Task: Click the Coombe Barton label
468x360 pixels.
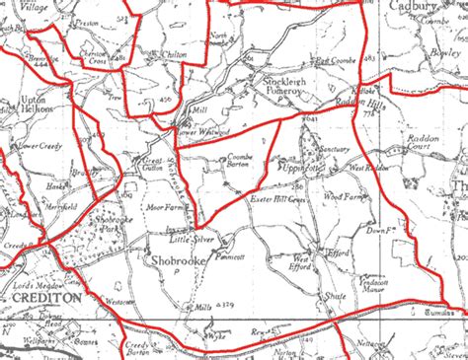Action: pos(243,161)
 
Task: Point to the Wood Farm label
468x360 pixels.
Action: pos(345,199)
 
